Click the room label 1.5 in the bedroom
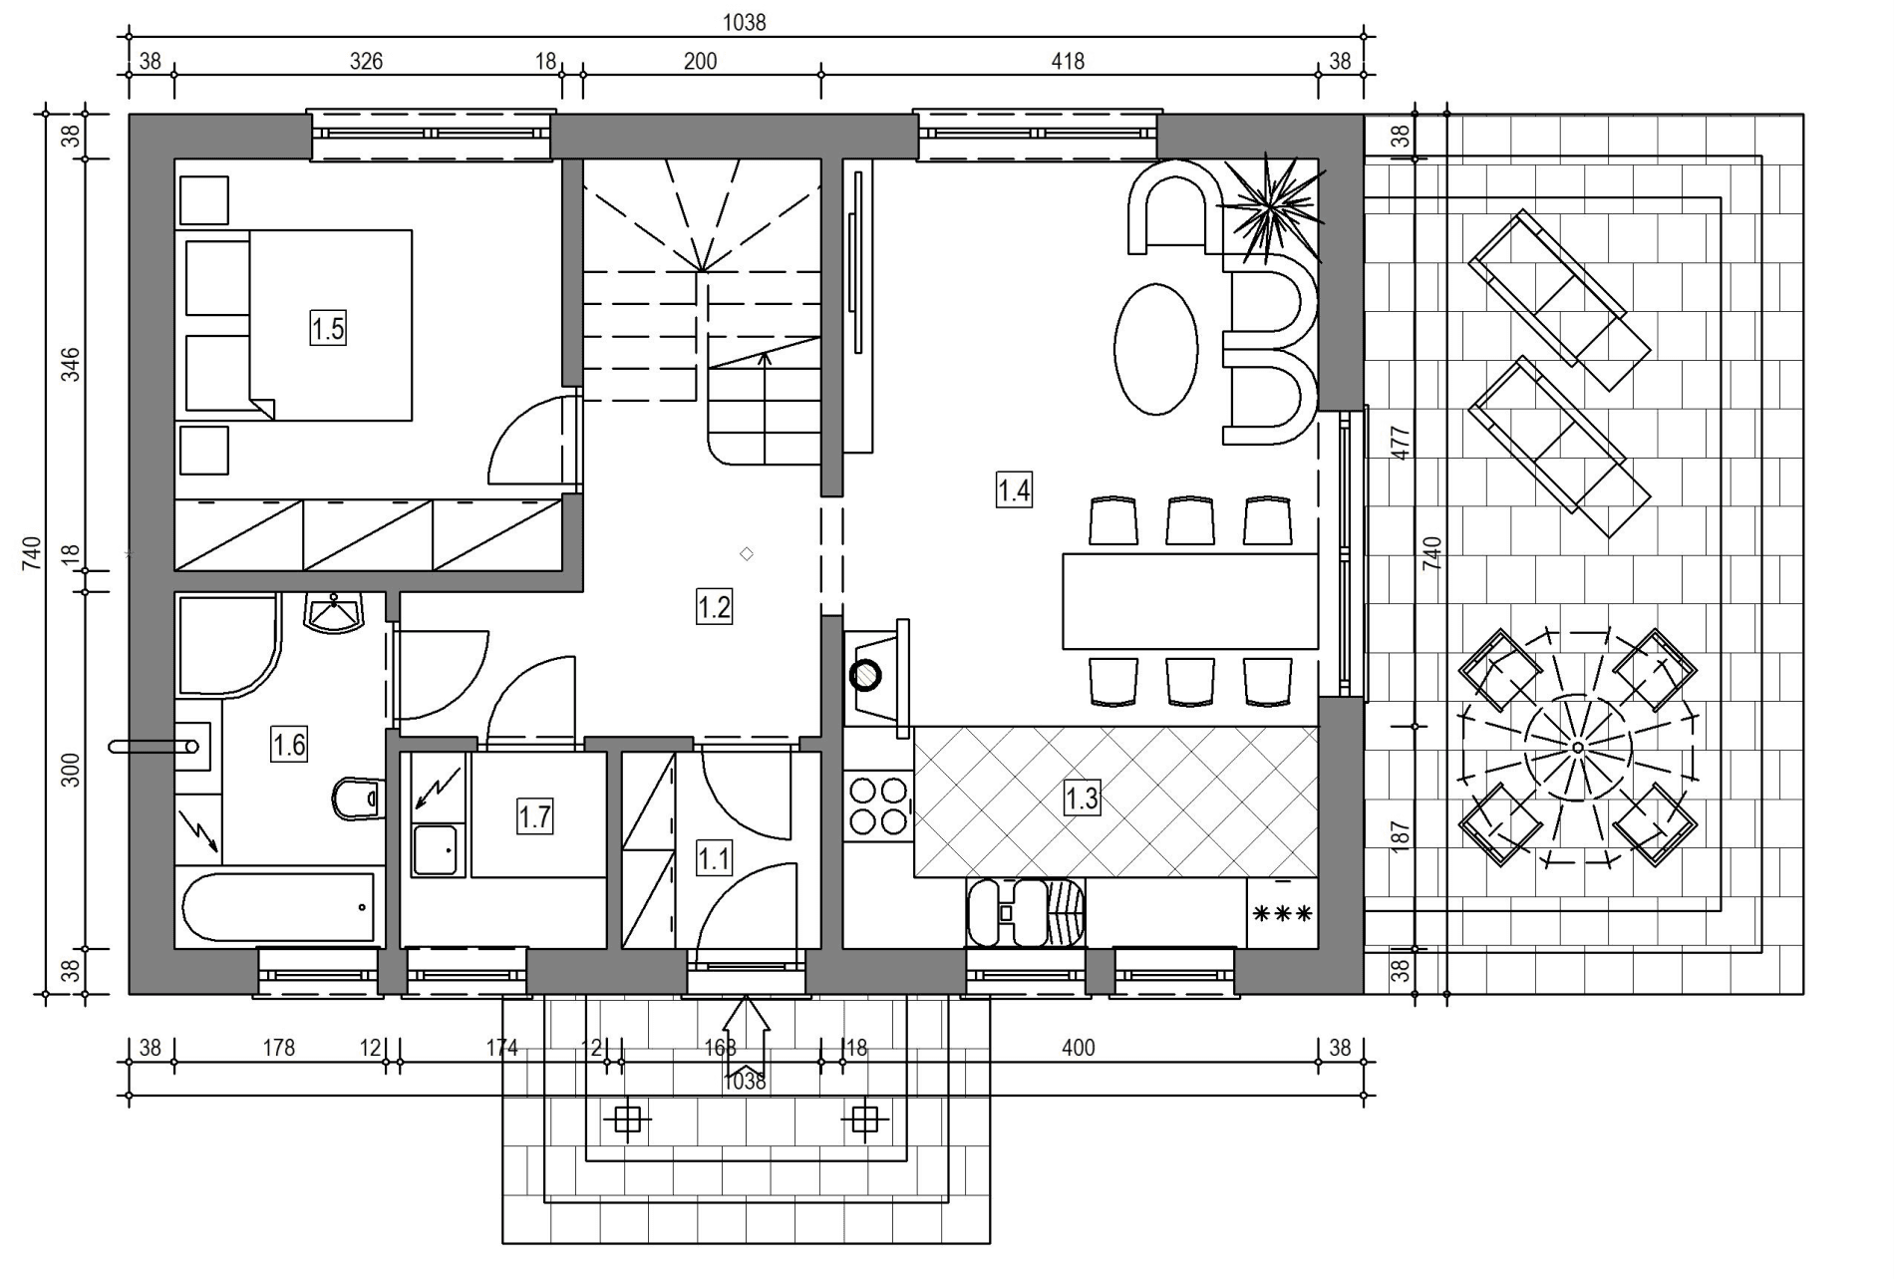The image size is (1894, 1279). coord(328,328)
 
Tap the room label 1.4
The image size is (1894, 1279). coord(1014,490)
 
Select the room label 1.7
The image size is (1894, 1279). coord(534,817)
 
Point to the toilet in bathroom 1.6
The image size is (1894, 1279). coord(356,798)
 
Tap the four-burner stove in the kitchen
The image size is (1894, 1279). coord(878,805)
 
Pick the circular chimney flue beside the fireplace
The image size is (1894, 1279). coord(865,676)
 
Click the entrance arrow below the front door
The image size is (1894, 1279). coord(746,1032)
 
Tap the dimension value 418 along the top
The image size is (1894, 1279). coord(1068,61)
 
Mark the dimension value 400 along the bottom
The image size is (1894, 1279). coord(1078,1048)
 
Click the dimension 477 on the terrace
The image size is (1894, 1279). coord(1401,443)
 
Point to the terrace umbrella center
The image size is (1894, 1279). coord(1577,747)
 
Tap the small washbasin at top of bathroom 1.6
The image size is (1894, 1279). coord(334,612)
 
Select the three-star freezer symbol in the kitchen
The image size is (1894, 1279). coord(1282,912)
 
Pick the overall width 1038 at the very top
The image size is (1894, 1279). coord(745,22)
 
